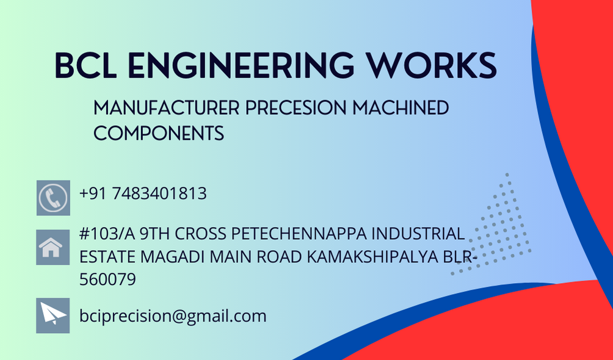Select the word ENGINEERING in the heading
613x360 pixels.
241,65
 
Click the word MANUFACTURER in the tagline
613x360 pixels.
166,108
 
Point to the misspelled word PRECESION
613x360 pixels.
296,108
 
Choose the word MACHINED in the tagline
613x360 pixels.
401,108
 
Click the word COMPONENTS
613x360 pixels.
159,133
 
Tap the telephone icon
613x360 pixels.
54,198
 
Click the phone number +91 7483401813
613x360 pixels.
143,193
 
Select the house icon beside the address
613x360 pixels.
53,248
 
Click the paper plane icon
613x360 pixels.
53,315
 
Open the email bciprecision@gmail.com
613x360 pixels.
173,316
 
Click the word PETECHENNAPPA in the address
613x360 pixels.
299,234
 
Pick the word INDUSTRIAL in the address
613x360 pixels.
418,234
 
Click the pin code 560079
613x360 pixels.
107,279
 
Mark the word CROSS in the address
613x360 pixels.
200,234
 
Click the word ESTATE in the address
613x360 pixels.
107,257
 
